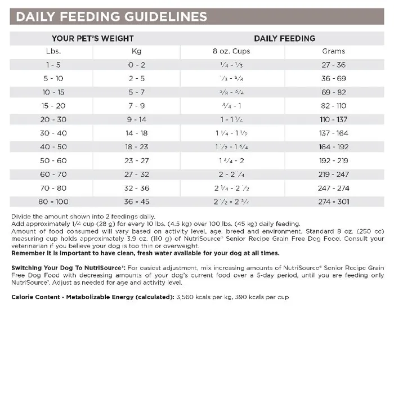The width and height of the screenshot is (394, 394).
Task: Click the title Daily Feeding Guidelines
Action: point(111,16)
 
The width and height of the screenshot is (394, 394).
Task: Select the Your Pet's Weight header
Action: point(93,39)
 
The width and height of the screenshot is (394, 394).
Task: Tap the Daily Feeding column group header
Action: point(284,39)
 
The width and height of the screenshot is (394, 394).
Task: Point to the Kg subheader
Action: point(137,51)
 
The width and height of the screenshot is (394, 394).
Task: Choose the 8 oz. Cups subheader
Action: point(231,51)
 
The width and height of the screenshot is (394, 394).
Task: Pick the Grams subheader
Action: point(334,51)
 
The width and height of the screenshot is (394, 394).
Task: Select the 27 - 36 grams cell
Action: point(334,65)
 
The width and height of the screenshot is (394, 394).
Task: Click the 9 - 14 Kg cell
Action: point(137,119)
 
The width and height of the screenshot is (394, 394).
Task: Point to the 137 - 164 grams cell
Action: point(334,133)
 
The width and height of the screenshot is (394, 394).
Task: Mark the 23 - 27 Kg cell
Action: point(137,160)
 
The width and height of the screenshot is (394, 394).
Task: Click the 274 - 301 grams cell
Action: point(334,201)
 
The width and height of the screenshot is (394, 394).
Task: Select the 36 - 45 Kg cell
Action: point(137,201)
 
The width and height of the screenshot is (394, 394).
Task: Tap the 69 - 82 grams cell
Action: point(334,92)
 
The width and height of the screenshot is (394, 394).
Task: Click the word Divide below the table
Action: point(20,217)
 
